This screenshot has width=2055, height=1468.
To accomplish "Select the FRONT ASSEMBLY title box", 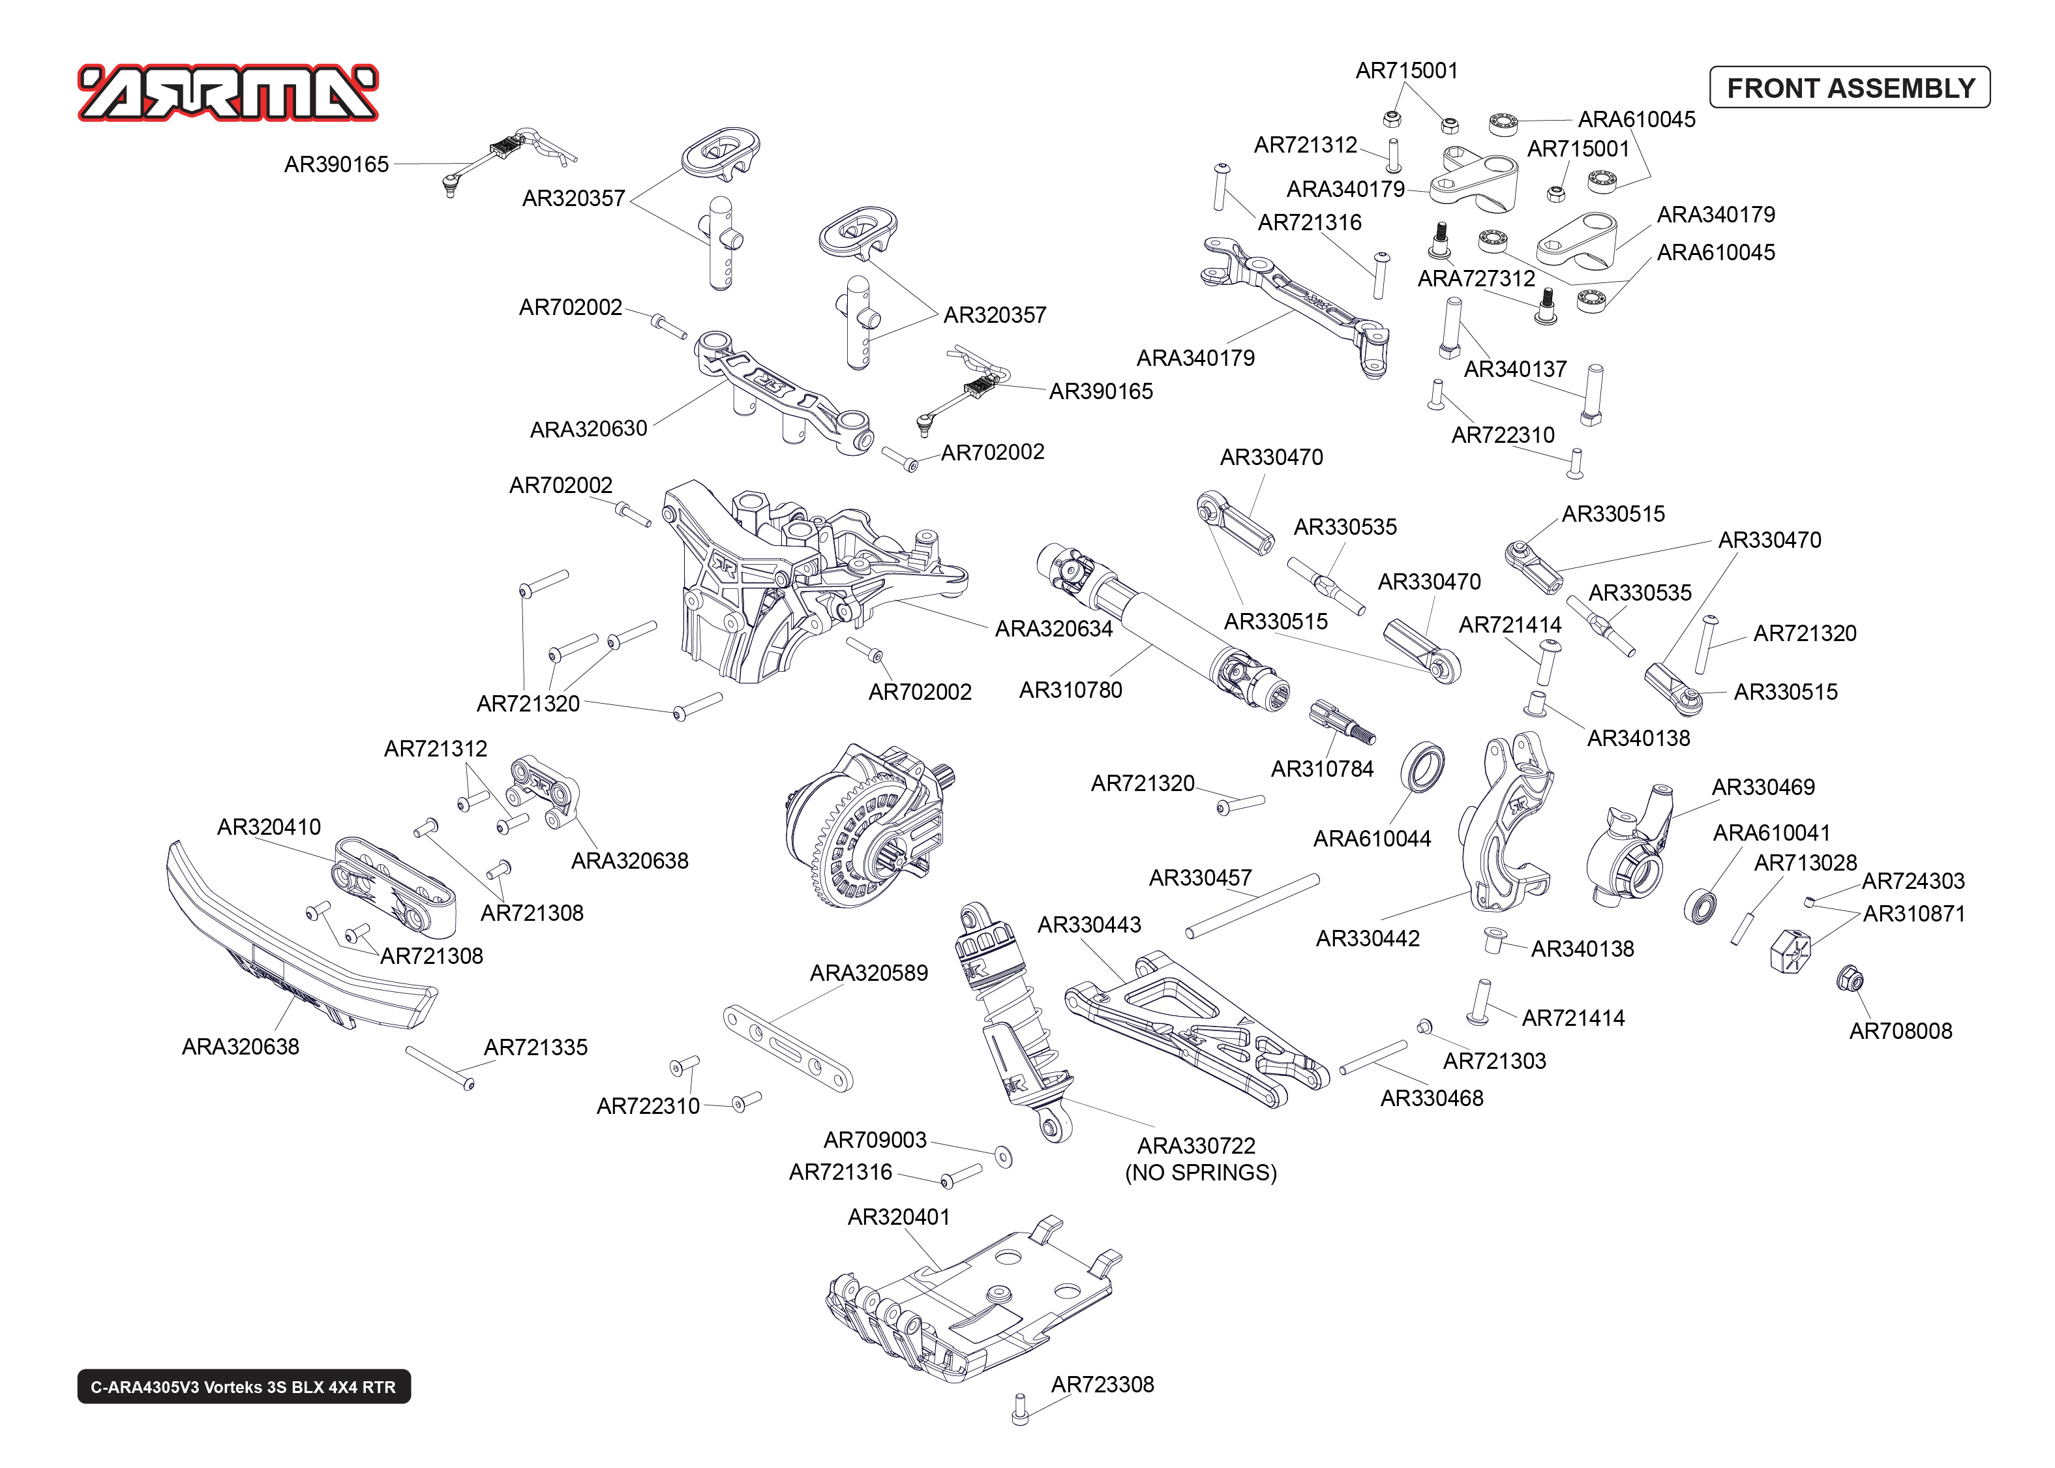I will (1849, 87).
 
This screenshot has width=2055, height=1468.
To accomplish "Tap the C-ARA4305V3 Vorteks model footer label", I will (243, 1386).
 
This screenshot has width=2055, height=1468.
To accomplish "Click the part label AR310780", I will (1070, 691).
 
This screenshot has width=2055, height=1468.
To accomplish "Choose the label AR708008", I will (1900, 1032).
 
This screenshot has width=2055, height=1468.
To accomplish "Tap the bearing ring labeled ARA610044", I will (1422, 768).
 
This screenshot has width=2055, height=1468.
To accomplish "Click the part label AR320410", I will (269, 827).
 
